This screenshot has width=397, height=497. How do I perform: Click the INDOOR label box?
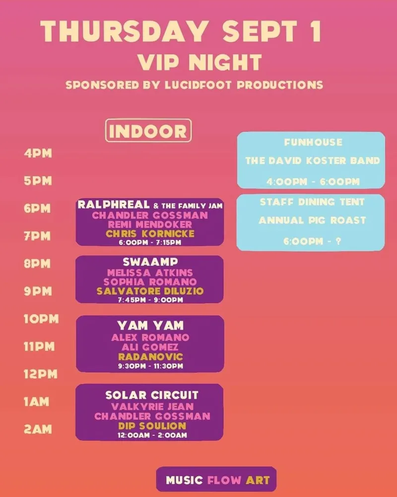(x=148, y=130)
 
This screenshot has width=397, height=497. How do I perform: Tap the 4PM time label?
(x=38, y=154)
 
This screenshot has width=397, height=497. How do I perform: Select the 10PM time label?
(x=41, y=319)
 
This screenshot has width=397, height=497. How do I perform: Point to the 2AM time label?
(x=38, y=429)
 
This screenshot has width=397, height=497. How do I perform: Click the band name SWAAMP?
(x=150, y=262)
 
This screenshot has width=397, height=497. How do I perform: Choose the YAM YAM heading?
(x=150, y=326)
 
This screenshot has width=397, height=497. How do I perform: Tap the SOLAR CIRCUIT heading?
(x=152, y=395)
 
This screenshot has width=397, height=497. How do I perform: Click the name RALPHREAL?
(x=113, y=204)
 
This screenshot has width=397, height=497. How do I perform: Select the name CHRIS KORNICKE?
(x=150, y=234)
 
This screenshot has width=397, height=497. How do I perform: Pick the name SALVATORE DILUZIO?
(x=150, y=291)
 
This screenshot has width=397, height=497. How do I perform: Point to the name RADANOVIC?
(x=151, y=356)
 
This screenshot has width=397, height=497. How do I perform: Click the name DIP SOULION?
(x=152, y=426)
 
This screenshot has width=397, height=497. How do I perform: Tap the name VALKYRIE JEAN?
(x=152, y=407)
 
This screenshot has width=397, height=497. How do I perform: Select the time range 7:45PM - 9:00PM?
(x=150, y=300)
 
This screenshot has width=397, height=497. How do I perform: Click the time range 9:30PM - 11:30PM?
(x=151, y=366)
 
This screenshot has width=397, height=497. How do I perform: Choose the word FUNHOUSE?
(x=313, y=142)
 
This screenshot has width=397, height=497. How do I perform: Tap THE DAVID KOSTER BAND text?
(x=313, y=161)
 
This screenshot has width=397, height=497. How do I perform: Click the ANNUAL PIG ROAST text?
(x=312, y=220)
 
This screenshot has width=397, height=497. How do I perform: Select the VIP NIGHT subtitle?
(x=200, y=62)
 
